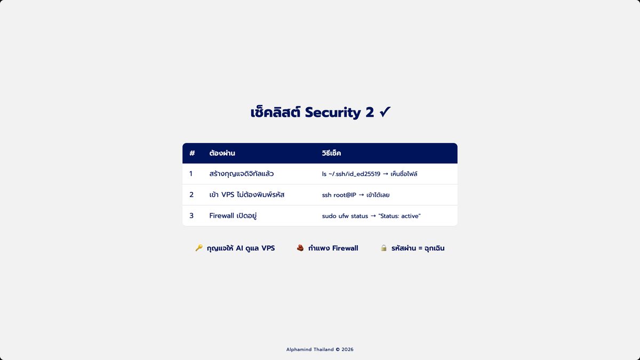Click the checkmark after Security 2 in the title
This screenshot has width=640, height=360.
point(385,111)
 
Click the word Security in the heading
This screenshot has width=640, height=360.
point(333,113)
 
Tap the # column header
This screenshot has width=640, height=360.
point(192,153)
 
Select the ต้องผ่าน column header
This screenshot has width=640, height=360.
point(222,153)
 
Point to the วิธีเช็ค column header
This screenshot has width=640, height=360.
point(331,153)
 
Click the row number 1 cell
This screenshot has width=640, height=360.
point(191,174)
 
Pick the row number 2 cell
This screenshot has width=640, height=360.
point(191,195)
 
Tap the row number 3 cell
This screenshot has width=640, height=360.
point(191,215)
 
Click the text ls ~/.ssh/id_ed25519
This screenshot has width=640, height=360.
point(351,174)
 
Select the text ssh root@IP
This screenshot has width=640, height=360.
point(339,195)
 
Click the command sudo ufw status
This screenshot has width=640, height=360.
point(345,216)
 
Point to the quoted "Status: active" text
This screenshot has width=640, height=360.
point(399,216)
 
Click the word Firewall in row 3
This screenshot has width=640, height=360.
point(222,215)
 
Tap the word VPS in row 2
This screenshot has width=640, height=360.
point(228,195)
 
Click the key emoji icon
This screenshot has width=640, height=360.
point(199,247)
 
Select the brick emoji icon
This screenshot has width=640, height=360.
point(300,247)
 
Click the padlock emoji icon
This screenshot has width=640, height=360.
point(383,247)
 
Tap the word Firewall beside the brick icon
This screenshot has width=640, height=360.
point(345,248)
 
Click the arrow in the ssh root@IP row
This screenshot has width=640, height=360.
point(362,195)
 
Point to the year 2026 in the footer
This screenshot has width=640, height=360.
point(347,349)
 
